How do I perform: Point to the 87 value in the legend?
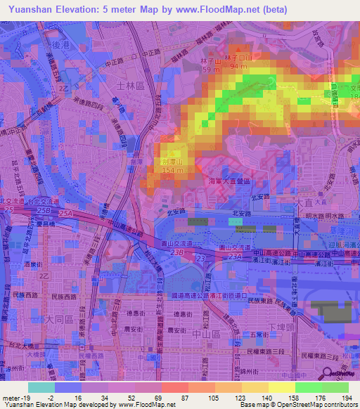point(175,398)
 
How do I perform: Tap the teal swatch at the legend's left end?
point(41,387)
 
